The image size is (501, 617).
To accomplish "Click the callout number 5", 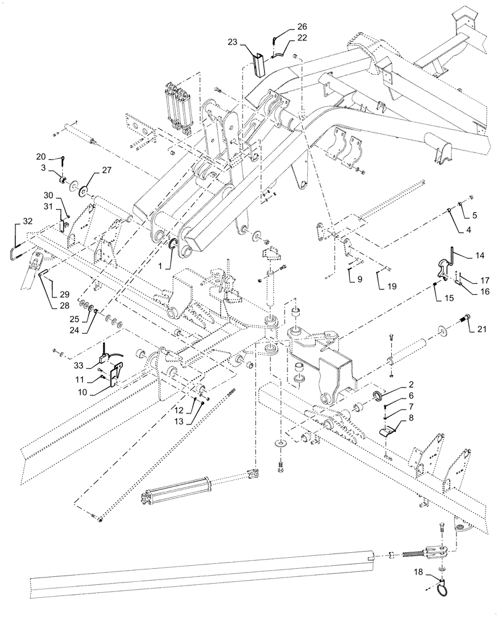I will click(x=474, y=216).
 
